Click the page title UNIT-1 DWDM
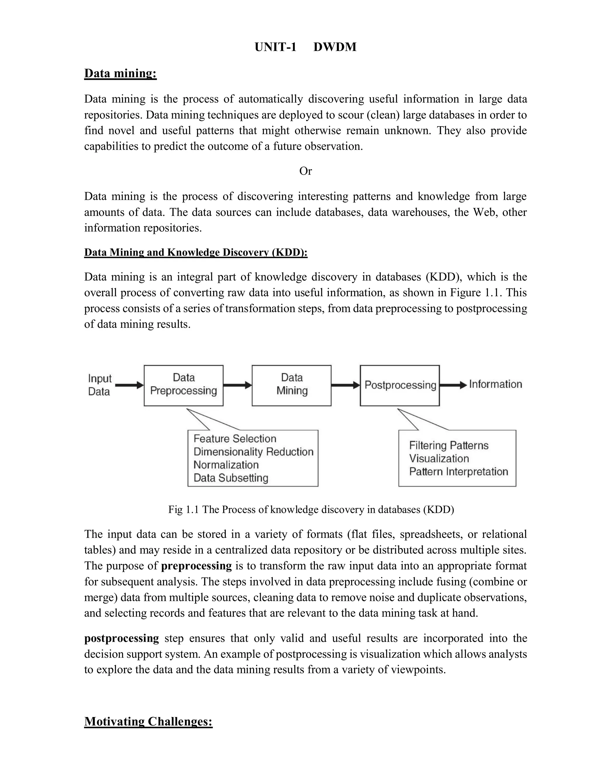point(305,47)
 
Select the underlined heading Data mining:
point(121,73)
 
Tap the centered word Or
point(305,171)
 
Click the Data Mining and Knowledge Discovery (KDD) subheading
point(196,252)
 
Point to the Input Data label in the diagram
point(100,385)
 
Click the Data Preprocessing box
point(183,385)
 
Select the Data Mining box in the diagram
point(292,385)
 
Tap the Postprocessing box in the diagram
point(400,385)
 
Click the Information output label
point(496,384)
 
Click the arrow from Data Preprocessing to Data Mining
point(237,385)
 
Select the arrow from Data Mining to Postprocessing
point(345,385)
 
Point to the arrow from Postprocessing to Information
point(453,385)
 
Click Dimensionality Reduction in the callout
point(253,452)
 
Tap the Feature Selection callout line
point(235,439)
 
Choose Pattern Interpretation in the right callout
point(458,472)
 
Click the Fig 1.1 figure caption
point(311,510)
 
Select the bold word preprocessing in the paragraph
point(196,566)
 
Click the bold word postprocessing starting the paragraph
point(121,638)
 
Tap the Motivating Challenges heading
point(148,721)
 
